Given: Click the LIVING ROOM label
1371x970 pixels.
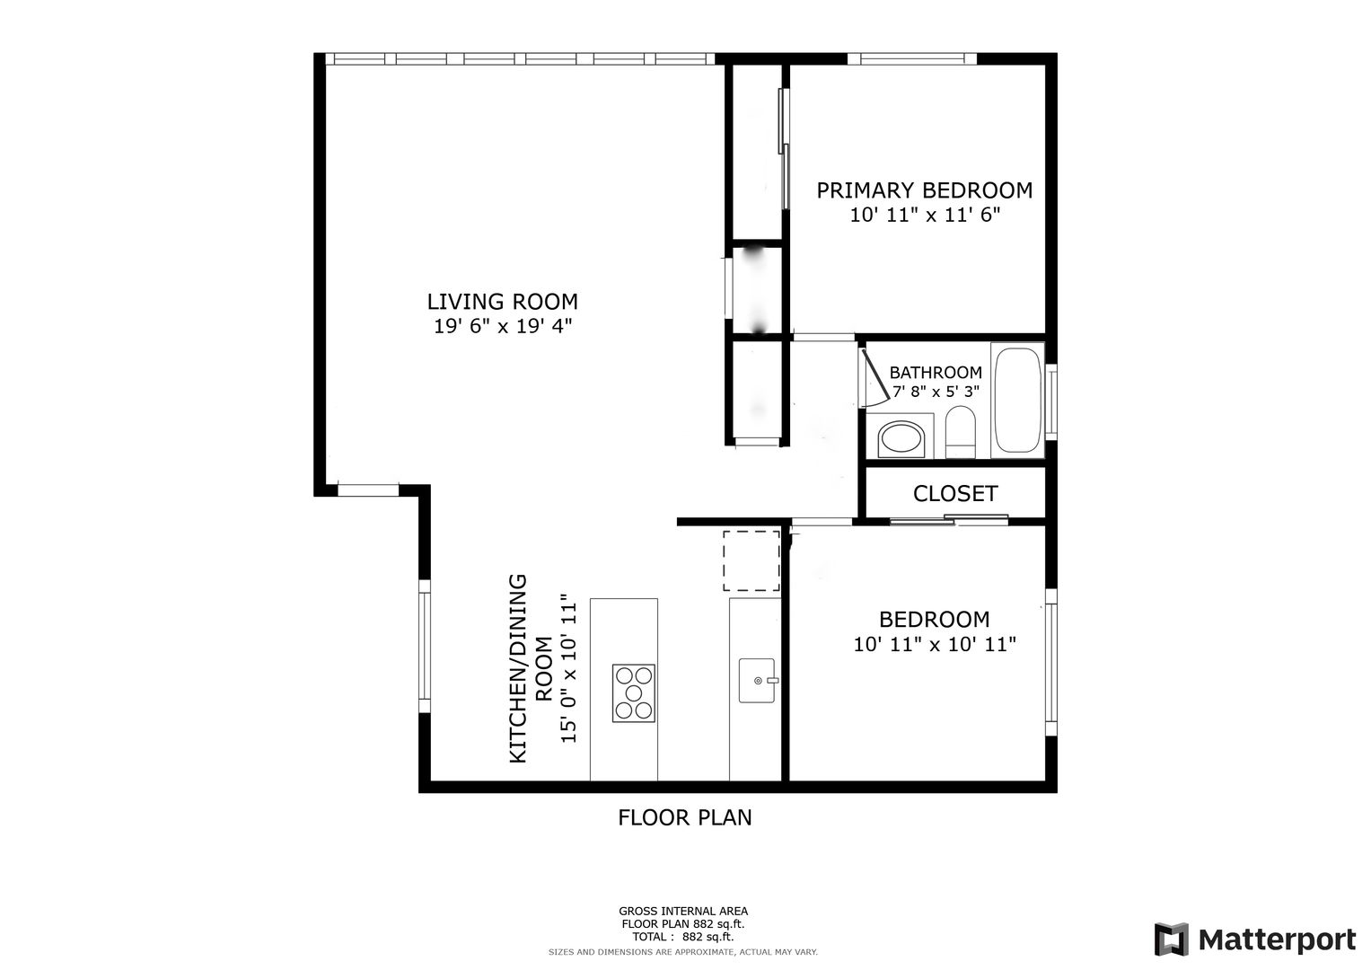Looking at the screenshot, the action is click(x=502, y=301).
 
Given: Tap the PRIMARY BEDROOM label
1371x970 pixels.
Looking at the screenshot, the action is click(x=924, y=190).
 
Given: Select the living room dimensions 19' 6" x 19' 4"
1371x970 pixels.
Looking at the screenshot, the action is click(x=503, y=326).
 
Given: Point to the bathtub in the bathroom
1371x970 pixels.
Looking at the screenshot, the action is click(x=1016, y=400).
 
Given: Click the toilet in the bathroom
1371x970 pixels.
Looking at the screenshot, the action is click(x=960, y=432).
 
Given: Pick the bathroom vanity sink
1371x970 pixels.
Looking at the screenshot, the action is click(x=901, y=438).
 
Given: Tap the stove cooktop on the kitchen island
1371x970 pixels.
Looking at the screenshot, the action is click(x=634, y=692).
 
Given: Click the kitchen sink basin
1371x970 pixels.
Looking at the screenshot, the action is click(x=758, y=681).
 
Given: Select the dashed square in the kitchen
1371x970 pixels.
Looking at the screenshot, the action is click(x=751, y=561).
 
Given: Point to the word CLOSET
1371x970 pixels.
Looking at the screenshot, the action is click(x=955, y=493).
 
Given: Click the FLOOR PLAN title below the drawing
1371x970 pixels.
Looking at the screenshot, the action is click(x=684, y=817).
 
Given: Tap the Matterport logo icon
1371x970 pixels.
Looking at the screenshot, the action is click(x=1172, y=939).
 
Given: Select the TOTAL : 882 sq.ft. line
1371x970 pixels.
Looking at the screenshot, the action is click(x=683, y=936).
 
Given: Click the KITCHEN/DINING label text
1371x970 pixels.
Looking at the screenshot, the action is click(x=518, y=668).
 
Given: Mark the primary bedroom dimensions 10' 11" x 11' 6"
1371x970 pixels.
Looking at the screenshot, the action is click(x=925, y=215).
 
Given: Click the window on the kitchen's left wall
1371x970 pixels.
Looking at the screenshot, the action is click(x=424, y=646).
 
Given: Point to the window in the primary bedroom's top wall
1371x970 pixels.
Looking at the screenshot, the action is click(x=912, y=58).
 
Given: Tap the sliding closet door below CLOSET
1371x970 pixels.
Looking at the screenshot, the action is click(x=949, y=520).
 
